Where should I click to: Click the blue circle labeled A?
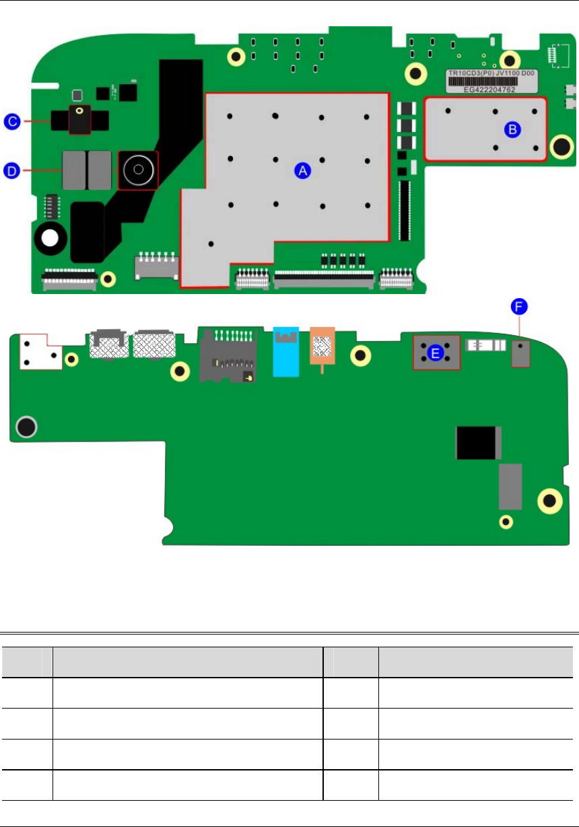click(302, 170)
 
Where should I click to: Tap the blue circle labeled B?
click(512, 130)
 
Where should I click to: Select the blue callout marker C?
click(12, 121)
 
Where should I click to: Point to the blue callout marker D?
click(11, 170)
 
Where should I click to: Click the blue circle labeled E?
click(436, 353)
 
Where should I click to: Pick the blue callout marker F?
click(519, 306)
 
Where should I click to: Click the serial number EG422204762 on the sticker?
click(489, 89)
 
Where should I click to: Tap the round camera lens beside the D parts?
click(138, 170)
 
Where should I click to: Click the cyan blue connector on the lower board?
click(286, 352)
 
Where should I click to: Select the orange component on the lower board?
click(322, 346)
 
